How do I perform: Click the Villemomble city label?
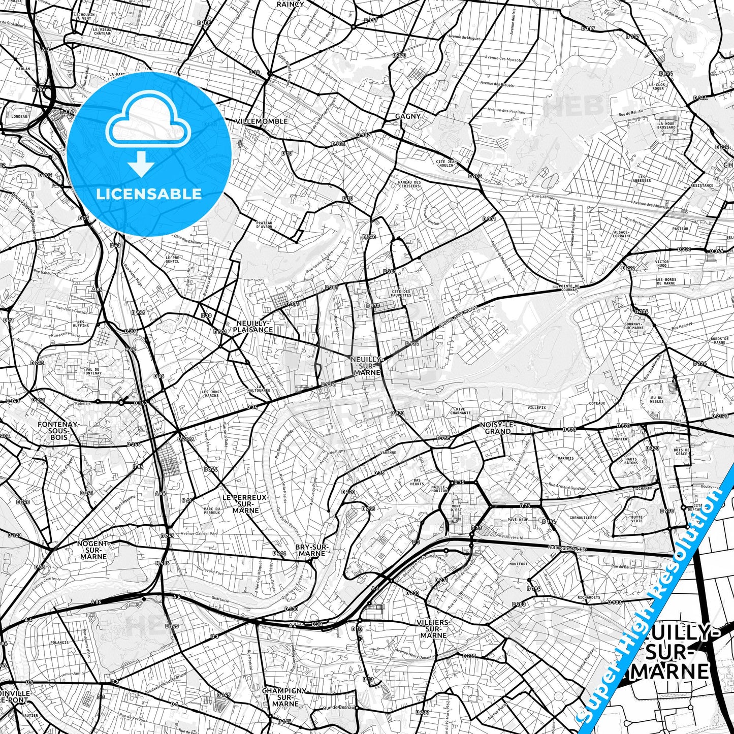coord(262,121)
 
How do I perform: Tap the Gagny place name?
coord(408,116)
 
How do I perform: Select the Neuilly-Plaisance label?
coord(253,326)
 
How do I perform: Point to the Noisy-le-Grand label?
coord(498,428)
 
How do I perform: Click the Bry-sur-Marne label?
coord(312,550)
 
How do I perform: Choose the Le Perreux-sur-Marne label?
coord(246,503)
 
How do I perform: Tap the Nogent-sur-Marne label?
coord(94,550)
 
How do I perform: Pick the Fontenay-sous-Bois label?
coord(58,430)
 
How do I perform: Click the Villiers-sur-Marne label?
coord(433,628)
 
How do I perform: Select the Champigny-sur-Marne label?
coord(285,697)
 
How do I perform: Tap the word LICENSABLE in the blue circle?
coord(149,194)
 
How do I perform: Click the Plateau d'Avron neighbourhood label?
coord(264,225)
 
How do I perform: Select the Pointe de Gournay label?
coord(568,288)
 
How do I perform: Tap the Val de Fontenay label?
coord(93,371)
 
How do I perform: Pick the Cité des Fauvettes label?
coord(401,293)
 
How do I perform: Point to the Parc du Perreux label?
coord(211,510)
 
